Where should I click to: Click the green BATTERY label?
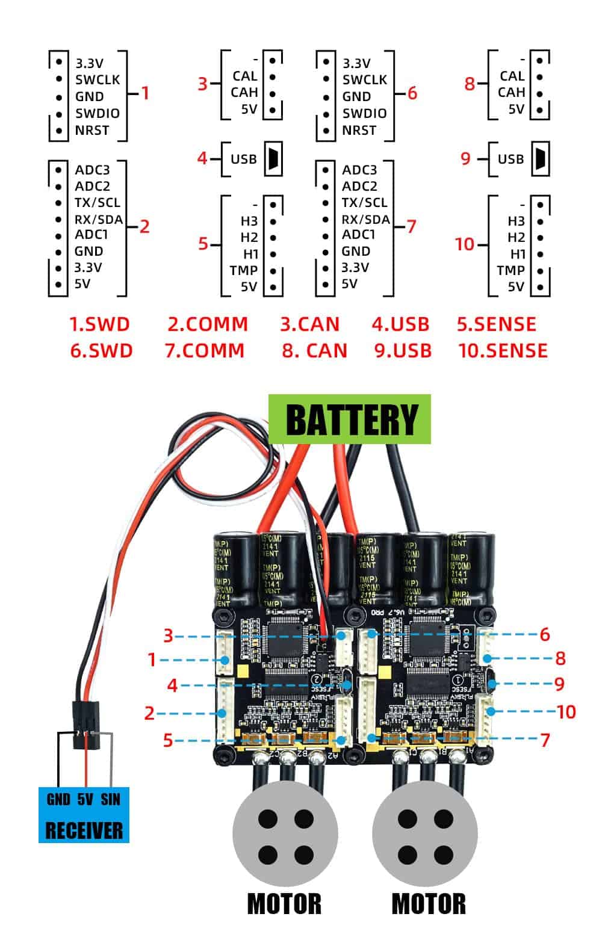[350, 419]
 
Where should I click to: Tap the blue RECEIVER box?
[84, 815]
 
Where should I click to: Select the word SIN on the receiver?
[110, 799]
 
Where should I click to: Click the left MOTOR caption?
[284, 904]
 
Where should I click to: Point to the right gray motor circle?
[425, 836]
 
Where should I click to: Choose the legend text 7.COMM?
[205, 350]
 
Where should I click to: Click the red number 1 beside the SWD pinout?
[144, 93]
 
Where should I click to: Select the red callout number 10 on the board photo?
[566, 712]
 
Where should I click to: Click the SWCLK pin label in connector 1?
[98, 79]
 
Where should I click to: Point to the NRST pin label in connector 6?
[359, 130]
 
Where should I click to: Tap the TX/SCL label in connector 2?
[97, 203]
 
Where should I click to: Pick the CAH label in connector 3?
[244, 92]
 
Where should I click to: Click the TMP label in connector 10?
[511, 270]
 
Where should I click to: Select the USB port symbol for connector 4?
[273, 159]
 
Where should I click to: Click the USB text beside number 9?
[510, 159]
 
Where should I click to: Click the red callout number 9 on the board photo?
[559, 684]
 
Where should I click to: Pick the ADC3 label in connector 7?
[359, 170]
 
